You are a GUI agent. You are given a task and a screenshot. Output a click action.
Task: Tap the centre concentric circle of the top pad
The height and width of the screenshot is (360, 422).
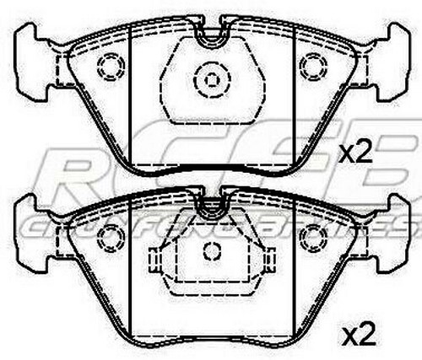[208, 81]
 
